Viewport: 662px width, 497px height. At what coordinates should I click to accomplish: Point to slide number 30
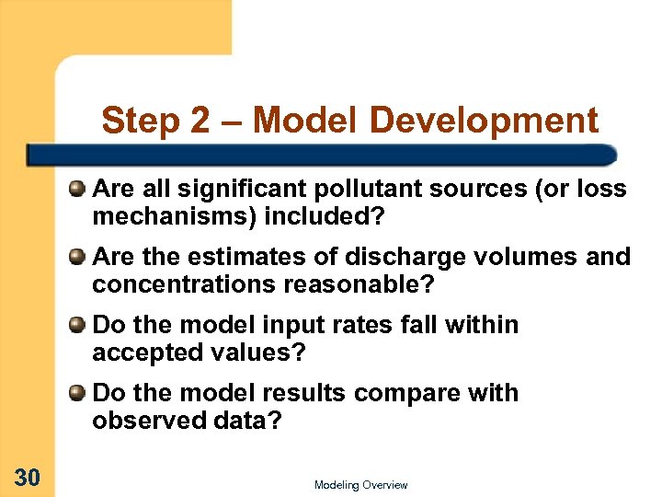27,476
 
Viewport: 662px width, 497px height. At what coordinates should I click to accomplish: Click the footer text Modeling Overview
360,485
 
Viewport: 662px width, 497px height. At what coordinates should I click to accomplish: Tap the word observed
143,421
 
